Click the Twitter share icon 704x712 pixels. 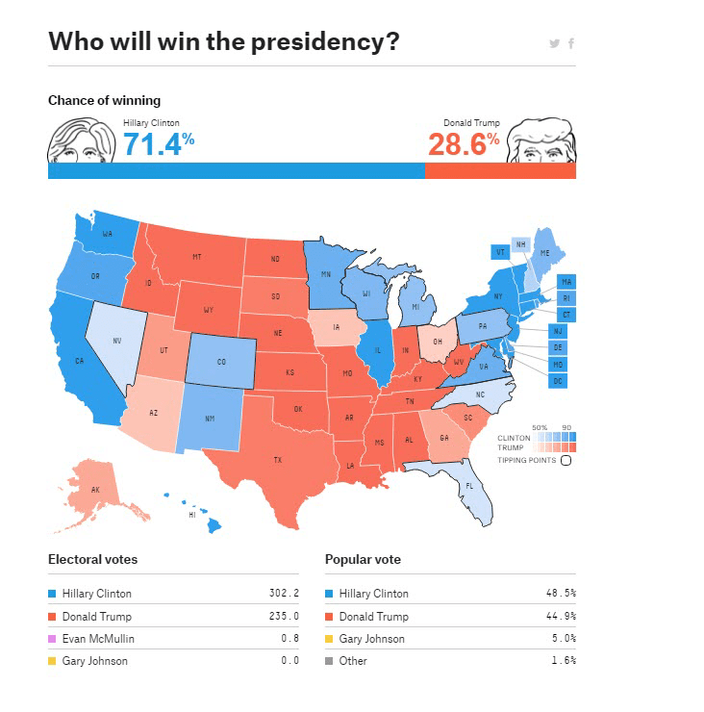[554, 43]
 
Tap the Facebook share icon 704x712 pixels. [571, 43]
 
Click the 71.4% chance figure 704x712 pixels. [159, 143]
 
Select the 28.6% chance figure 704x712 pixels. [464, 143]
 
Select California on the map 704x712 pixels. [82, 361]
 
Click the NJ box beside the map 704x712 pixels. [558, 331]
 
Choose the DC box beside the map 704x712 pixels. [558, 381]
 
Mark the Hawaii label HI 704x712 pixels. [191, 514]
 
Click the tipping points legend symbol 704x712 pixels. [566, 460]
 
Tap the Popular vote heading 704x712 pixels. [363, 559]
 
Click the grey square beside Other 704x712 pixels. [330, 661]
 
